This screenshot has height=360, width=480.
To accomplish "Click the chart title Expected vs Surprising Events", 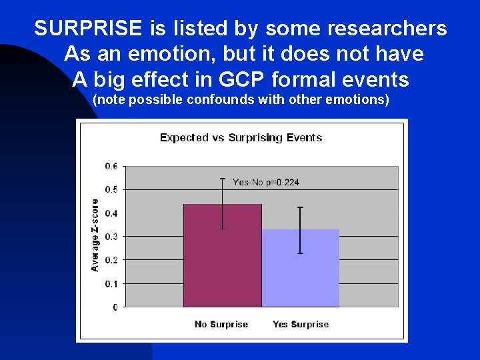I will coord(241,138).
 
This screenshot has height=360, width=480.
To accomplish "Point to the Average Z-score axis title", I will coord(95,235).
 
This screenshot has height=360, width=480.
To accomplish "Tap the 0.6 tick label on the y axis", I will coord(111,166).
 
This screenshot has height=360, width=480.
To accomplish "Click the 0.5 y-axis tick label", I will coord(111,190).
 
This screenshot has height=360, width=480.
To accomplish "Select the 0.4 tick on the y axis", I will coord(111,213).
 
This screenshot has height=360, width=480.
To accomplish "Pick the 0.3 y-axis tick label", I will coord(111,237).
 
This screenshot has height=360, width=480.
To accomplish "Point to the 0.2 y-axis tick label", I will coord(111,260).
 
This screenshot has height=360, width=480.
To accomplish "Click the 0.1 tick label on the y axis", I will coord(111,284).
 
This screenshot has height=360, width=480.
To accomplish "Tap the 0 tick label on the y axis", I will coord(115,307).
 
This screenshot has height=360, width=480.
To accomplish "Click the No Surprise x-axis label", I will coord(221,325).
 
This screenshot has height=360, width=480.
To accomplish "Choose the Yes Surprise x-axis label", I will coord(301,325).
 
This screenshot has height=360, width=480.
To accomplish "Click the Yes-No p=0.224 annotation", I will coord(261,183).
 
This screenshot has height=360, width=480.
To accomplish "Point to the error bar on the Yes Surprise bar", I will coord(300,230).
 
